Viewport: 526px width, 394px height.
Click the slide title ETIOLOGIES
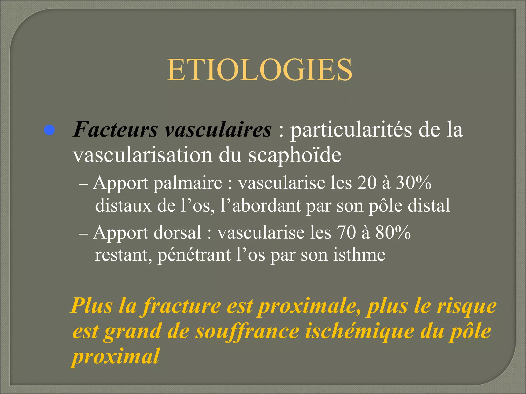[259, 70]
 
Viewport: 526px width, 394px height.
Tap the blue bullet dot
[49, 130]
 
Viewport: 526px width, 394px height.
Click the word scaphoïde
[295, 155]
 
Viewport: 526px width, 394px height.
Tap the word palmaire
[188, 183]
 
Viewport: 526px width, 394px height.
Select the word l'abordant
[260, 205]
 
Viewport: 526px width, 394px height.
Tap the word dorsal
[177, 233]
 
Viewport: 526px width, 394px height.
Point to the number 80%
[393, 233]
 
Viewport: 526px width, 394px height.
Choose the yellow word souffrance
[247, 332]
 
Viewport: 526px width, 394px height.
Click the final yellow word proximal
[116, 357]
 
